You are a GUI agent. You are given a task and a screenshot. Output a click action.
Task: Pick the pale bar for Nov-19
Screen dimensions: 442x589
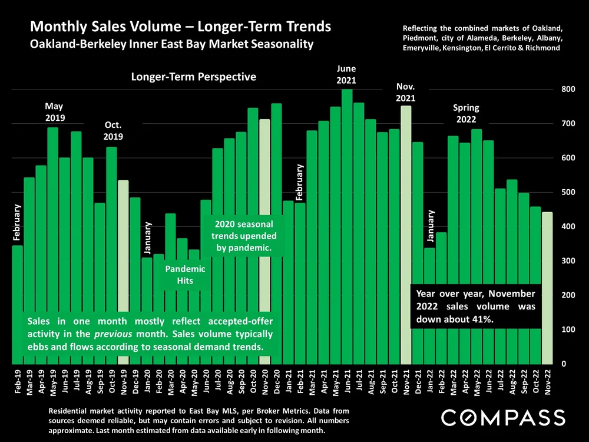pos(123,271)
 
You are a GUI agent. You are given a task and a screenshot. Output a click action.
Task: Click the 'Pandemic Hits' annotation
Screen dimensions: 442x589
pos(185,275)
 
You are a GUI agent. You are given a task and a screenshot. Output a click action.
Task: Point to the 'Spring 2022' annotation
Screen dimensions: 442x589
pos(466,114)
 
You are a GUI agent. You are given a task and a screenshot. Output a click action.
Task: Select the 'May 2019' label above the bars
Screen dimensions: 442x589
pos(54,112)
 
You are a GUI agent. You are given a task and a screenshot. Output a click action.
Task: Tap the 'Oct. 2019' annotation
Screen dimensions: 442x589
pos(113,131)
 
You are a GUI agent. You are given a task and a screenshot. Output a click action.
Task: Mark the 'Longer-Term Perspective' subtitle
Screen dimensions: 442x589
pos(194,77)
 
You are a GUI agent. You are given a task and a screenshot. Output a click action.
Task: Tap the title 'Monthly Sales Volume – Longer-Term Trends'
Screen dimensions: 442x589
pos(180,27)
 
